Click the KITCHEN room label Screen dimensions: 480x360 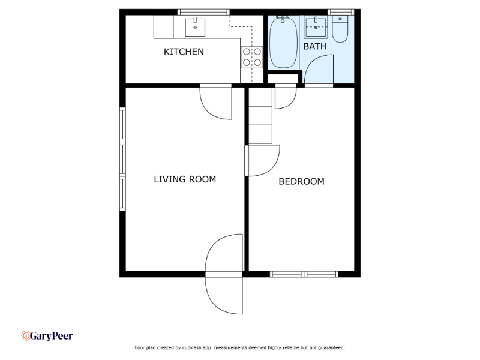pyautogui.click(x=184, y=52)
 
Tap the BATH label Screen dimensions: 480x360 pyautogui.click(x=314, y=47)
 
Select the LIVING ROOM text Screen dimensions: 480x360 pyautogui.click(x=185, y=179)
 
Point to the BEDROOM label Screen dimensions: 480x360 pyautogui.click(x=302, y=182)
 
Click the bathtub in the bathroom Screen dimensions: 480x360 pyautogui.click(x=283, y=42)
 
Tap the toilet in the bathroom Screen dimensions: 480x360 pyautogui.click(x=340, y=29)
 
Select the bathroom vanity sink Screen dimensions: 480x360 pyautogui.click(x=316, y=27)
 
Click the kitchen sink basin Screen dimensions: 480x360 pyautogui.click(x=195, y=27)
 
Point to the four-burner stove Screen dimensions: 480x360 pyautogui.click(x=251, y=57)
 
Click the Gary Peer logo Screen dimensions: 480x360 pyautogui.click(x=47, y=336)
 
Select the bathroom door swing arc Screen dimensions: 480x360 pyautogui.click(x=319, y=69)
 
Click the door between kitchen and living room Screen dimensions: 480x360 pyautogui.click(x=216, y=103)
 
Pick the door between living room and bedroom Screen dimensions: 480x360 pyautogui.click(x=262, y=161)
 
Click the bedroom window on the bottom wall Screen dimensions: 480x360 pyautogui.click(x=304, y=274)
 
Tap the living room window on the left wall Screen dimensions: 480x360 pyautogui.click(x=122, y=159)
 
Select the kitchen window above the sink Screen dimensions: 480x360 pyautogui.click(x=203, y=12)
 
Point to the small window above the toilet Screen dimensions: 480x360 pyautogui.click(x=341, y=12)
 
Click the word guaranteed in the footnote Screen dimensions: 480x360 pyautogui.click(x=332, y=348)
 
